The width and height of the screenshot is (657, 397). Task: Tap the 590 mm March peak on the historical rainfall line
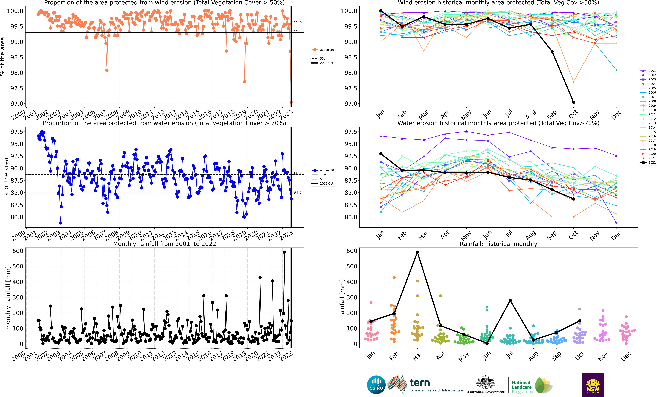(417, 252)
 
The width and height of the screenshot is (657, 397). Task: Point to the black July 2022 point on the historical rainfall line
(510, 301)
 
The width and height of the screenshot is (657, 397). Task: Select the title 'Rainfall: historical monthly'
(498, 244)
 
